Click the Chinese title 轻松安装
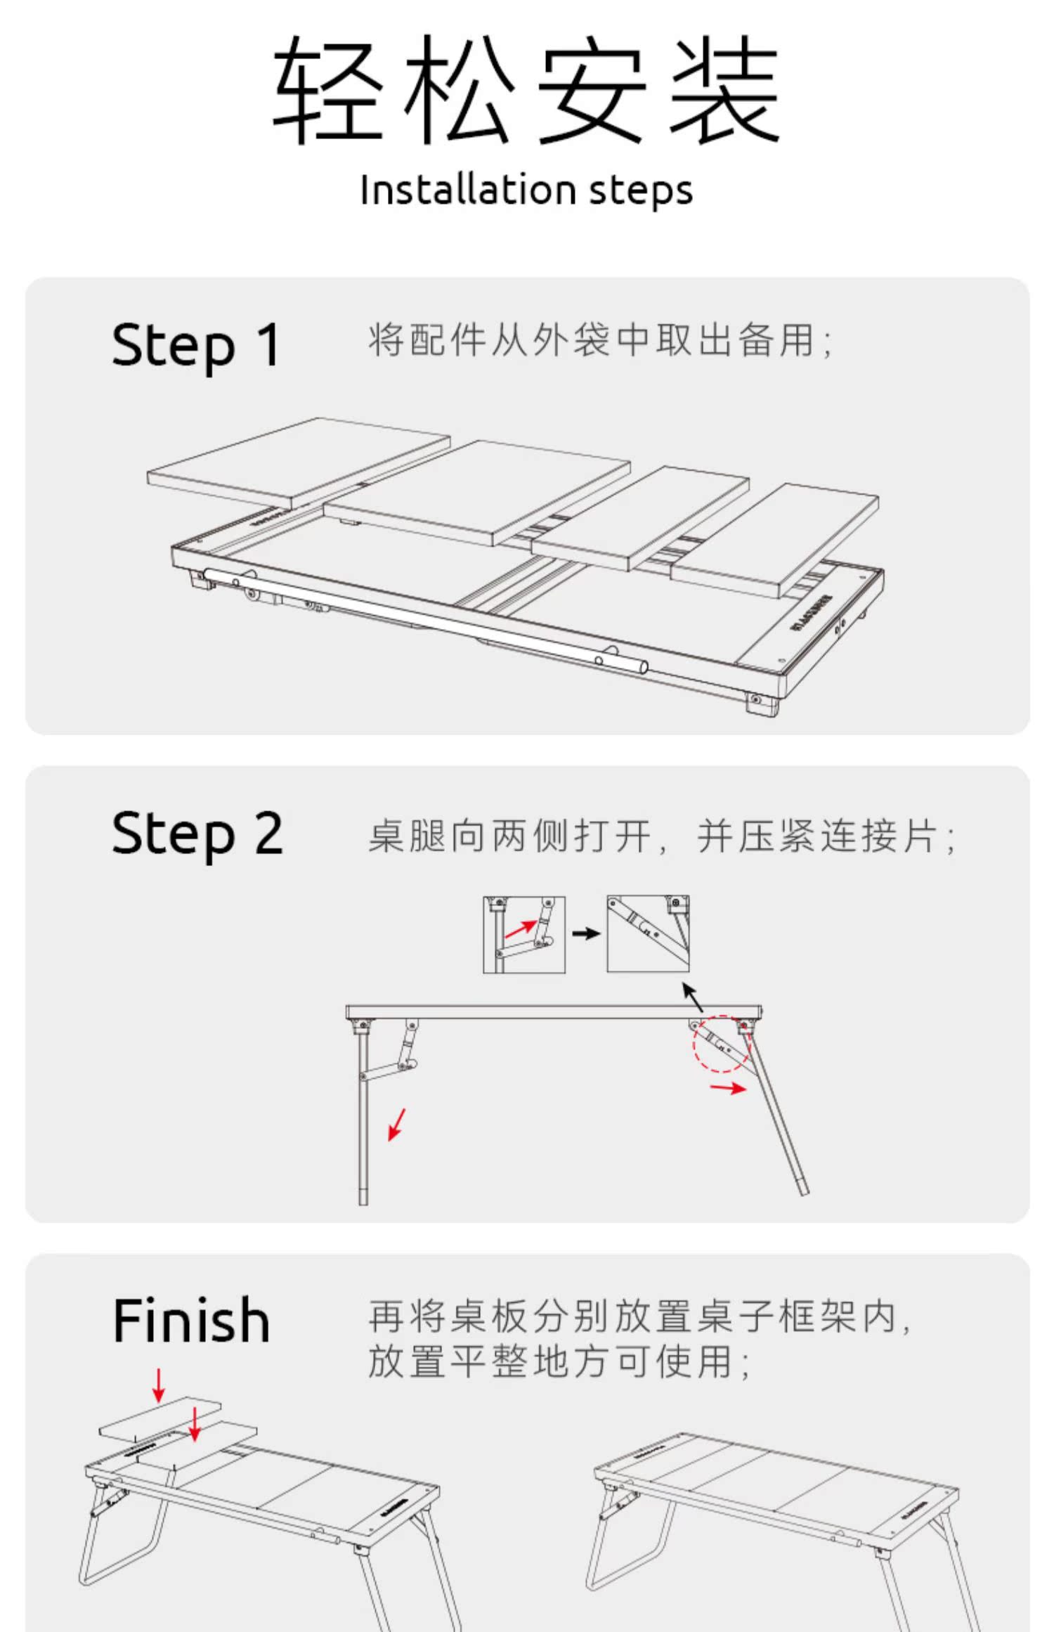[526, 89]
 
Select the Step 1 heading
[196, 345]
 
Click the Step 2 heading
[197, 834]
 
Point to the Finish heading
[191, 1321]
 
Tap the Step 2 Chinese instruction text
[661, 836]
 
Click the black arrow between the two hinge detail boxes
[586, 934]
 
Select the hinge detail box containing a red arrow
[524, 934]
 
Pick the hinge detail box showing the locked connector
[648, 934]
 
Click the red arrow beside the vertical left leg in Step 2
[397, 1124]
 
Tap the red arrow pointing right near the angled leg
[728, 1089]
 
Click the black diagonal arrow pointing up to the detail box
[692, 997]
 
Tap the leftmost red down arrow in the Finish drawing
[159, 1385]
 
